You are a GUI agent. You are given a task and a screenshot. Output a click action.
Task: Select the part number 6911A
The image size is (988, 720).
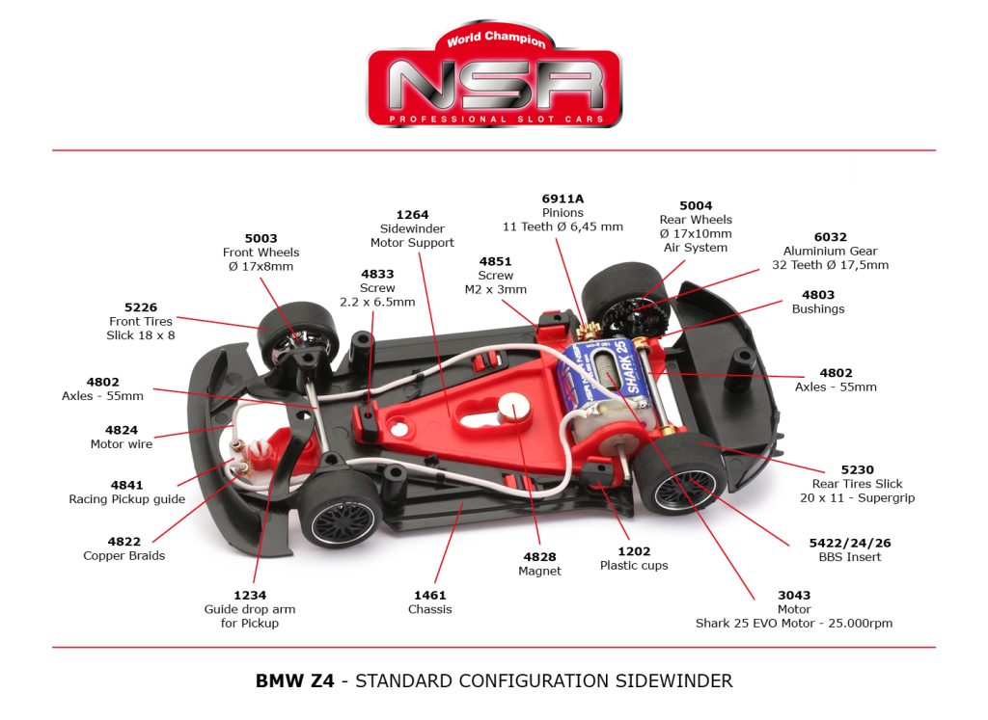tap(563, 199)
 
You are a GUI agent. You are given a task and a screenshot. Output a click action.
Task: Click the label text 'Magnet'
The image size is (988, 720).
tap(541, 571)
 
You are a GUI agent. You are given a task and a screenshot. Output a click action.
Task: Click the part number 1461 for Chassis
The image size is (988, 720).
tap(429, 595)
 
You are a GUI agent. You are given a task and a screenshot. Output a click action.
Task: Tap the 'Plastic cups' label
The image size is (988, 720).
tap(634, 565)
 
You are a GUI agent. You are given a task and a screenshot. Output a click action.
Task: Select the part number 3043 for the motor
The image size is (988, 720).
tap(794, 595)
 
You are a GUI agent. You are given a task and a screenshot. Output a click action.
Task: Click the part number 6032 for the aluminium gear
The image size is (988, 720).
tap(830, 236)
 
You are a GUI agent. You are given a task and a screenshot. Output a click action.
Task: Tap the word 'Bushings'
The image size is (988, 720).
tap(818, 308)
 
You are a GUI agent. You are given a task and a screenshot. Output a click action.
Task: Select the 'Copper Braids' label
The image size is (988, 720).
tap(123, 555)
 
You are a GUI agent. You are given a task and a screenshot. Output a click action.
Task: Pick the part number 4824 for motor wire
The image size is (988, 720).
tap(122, 430)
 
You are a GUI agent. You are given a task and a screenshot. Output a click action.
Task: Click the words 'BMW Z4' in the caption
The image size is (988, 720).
tap(294, 680)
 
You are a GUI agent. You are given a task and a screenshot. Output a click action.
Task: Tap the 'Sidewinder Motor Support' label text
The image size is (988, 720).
tap(412, 236)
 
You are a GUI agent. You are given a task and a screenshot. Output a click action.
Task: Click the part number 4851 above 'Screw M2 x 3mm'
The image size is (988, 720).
tap(495, 261)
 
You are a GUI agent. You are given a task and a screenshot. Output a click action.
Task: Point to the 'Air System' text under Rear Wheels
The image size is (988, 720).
tap(696, 247)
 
